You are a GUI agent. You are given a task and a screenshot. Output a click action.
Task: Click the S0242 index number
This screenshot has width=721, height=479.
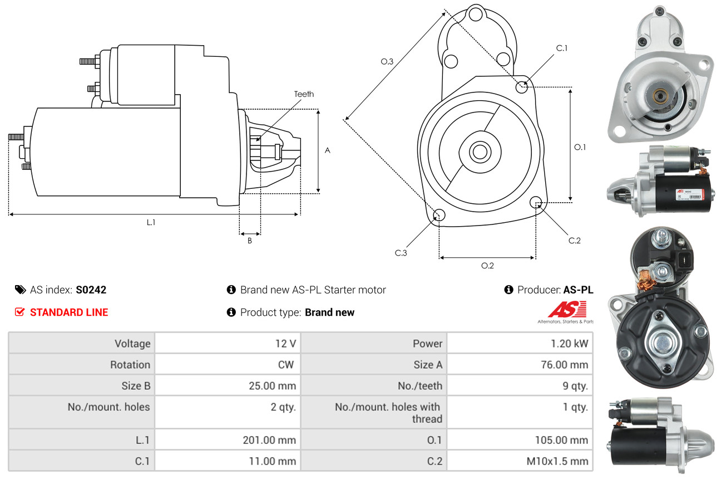91,290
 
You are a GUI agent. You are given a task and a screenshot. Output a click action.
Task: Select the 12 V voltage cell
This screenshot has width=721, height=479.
285,344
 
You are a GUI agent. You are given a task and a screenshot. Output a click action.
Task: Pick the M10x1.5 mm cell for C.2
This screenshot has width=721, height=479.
557,461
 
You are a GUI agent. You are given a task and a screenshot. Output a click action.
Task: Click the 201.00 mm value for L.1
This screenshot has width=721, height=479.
269,440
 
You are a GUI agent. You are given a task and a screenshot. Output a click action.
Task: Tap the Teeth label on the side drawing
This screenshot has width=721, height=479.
304,94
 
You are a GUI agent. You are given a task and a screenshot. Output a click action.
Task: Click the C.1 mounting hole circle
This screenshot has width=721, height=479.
522,87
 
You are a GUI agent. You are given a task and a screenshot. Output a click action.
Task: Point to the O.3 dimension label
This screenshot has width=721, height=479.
387,62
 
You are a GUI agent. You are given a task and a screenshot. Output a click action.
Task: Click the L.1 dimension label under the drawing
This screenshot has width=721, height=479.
151,222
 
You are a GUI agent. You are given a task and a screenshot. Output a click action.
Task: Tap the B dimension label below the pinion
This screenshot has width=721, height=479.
250,241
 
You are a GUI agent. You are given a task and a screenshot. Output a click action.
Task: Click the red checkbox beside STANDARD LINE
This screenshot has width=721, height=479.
19,312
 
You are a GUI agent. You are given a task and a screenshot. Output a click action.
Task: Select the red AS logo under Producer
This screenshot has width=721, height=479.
567,310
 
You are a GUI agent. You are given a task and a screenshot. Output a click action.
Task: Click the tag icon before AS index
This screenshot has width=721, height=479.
20,290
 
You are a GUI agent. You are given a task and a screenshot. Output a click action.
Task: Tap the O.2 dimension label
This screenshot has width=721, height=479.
487,266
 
